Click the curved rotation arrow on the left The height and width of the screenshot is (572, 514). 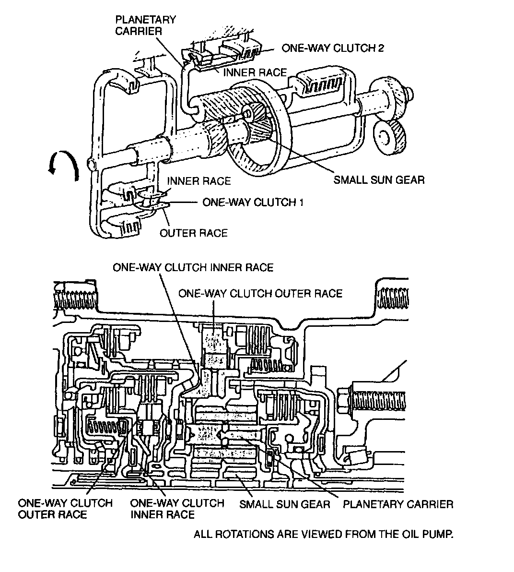tap(64, 168)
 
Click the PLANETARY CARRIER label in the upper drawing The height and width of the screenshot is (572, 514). tap(145, 25)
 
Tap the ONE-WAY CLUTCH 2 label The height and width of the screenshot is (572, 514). tap(332, 48)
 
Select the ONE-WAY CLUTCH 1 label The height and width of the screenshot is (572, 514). tap(253, 202)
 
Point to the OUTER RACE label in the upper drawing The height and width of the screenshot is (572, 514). tap(193, 233)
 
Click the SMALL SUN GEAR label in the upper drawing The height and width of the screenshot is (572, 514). tap(379, 180)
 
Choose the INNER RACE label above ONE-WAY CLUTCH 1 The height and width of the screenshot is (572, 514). tap(199, 181)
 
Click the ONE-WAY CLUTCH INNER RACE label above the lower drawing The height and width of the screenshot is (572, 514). tap(193, 267)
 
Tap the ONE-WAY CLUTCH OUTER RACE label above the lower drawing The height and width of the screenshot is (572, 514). tap(260, 293)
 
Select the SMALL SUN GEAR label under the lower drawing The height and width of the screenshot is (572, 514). tap(285, 504)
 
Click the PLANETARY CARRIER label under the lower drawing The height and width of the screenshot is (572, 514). tap(398, 504)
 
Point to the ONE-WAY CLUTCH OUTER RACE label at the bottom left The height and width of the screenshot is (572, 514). tap(65, 509)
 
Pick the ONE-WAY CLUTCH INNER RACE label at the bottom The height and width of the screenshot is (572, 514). tap(177, 509)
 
